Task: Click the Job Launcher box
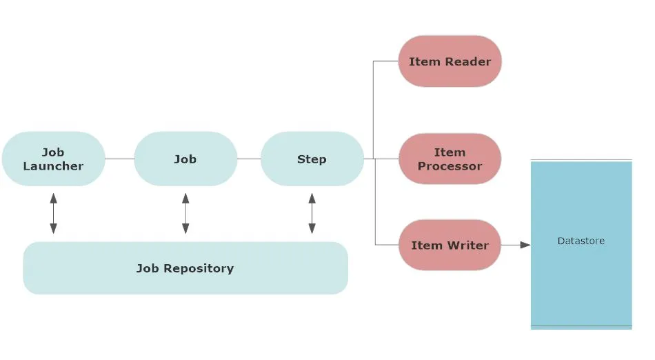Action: [x=53, y=159]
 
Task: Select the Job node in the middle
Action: [x=185, y=159]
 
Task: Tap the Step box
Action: [x=312, y=159]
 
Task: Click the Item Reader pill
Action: [x=450, y=61]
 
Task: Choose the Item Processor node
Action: [x=450, y=159]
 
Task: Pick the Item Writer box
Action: [x=450, y=245]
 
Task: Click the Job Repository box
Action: [x=185, y=268]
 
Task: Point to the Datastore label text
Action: [x=581, y=241]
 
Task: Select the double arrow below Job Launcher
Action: [x=53, y=213]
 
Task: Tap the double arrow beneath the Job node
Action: [x=185, y=213]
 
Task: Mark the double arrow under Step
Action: [x=312, y=213]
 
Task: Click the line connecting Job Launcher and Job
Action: [x=119, y=159]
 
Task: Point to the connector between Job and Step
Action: [x=249, y=159]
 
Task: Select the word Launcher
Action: [x=53, y=166]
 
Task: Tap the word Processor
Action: [x=450, y=166]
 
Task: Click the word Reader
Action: [x=467, y=61]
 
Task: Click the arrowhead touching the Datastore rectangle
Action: [x=526, y=245]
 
